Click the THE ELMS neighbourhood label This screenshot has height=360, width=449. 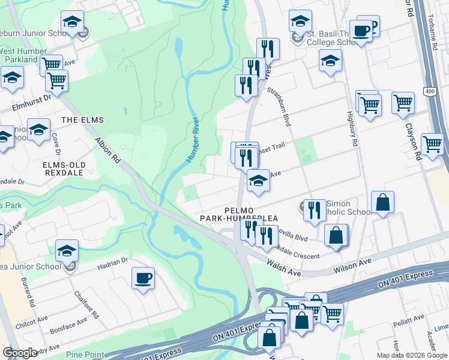tap(78, 120)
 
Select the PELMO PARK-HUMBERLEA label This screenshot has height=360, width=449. tap(251, 214)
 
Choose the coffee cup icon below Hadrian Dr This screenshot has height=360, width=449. tap(143, 278)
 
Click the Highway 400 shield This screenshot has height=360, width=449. tap(429, 91)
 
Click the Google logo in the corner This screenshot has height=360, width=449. tap(20, 353)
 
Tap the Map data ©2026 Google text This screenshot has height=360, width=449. tap(411, 355)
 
